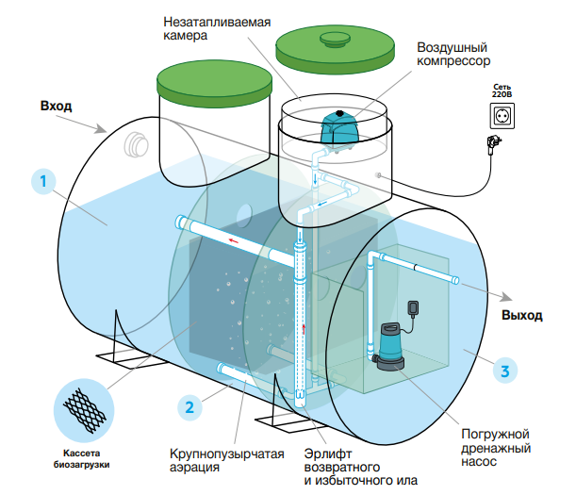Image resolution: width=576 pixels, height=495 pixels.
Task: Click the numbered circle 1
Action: click(x=43, y=181)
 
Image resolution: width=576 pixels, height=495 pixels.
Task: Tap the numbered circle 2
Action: click(x=189, y=407)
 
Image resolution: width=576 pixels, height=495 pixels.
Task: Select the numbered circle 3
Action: click(x=505, y=371)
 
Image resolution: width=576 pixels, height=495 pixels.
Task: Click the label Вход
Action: click(x=56, y=106)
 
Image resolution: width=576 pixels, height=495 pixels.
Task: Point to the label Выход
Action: click(x=522, y=315)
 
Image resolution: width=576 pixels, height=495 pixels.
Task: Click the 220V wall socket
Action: click(x=502, y=116)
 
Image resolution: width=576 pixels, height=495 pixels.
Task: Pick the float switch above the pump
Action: click(x=413, y=309)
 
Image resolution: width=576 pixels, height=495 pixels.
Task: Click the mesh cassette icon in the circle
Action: click(x=84, y=410)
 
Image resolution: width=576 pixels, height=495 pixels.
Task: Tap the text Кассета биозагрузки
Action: click(x=82, y=459)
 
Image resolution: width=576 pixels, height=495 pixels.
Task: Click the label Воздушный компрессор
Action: click(x=453, y=54)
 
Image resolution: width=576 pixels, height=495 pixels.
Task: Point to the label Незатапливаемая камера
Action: click(x=217, y=28)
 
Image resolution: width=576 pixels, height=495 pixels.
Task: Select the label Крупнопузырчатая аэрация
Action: click(x=226, y=460)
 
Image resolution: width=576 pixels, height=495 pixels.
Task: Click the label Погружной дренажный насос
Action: click(x=496, y=448)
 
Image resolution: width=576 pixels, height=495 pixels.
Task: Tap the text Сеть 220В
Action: click(x=502, y=91)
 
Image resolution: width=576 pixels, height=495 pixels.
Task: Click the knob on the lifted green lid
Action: click(x=335, y=40)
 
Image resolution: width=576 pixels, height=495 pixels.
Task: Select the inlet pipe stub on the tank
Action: click(x=136, y=145)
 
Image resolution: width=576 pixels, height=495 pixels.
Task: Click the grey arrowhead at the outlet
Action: click(x=506, y=297)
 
